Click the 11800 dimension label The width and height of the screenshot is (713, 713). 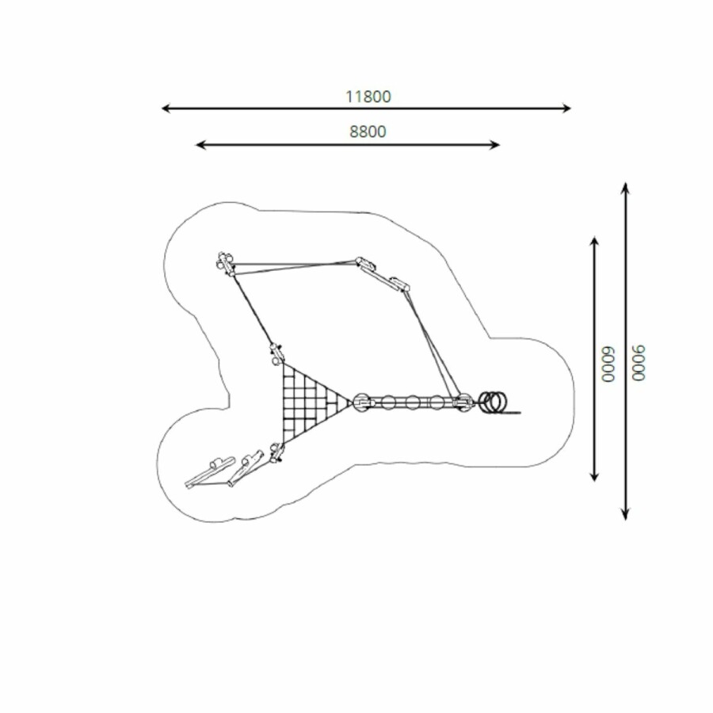[x=368, y=97]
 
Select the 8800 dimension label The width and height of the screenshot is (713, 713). [x=368, y=132]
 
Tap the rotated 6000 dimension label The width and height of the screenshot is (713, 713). [x=608, y=364]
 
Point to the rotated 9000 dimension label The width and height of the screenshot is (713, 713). [x=639, y=364]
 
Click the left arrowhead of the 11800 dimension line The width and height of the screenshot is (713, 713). [x=166, y=109]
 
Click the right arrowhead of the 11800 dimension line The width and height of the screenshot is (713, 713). [x=566, y=109]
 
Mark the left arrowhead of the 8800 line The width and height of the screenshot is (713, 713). [x=200, y=145]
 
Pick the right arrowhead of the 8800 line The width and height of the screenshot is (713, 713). [x=496, y=145]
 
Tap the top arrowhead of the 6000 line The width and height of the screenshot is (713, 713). [x=594, y=241]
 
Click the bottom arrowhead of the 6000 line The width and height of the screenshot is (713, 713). [x=594, y=477]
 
